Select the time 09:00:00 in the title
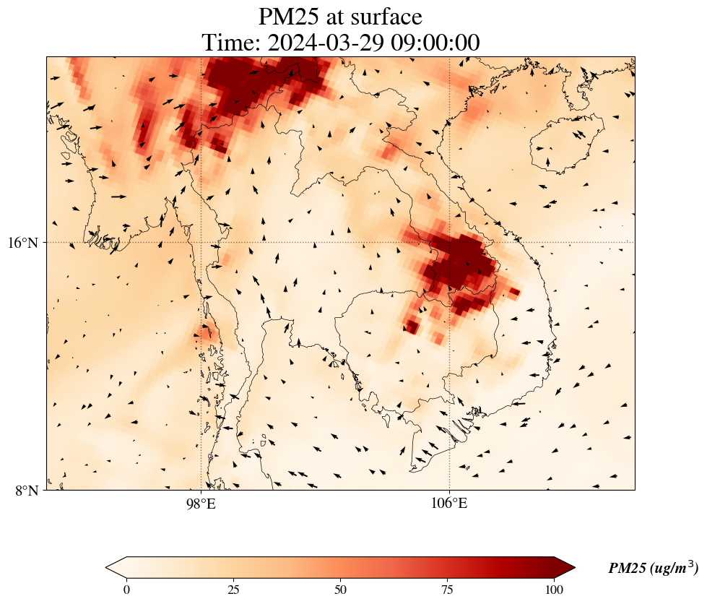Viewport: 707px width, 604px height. coord(435,43)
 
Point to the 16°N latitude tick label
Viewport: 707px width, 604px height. coord(27,243)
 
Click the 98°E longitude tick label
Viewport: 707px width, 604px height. coord(201,504)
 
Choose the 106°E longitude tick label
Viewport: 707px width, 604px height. coord(449,504)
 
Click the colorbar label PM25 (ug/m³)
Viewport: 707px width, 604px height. coord(652,569)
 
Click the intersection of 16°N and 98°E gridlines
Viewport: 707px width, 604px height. coord(201,242)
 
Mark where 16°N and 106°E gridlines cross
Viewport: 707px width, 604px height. coord(449,242)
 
